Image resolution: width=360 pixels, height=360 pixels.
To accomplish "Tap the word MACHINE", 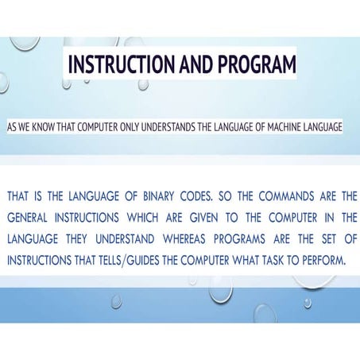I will (x=288, y=127).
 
